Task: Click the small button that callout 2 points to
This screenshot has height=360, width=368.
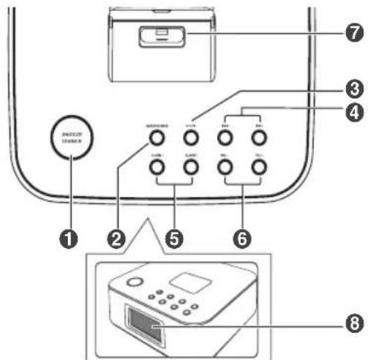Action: click(x=154, y=137)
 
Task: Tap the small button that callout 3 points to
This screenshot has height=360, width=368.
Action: click(x=190, y=137)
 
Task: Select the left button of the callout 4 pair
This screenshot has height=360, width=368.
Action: click(x=225, y=137)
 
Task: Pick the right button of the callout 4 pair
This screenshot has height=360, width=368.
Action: click(x=258, y=137)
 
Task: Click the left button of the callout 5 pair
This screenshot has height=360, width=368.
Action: click(x=154, y=168)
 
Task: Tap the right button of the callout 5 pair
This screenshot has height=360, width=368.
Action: click(x=190, y=168)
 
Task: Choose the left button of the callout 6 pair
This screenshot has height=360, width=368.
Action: click(x=225, y=168)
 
